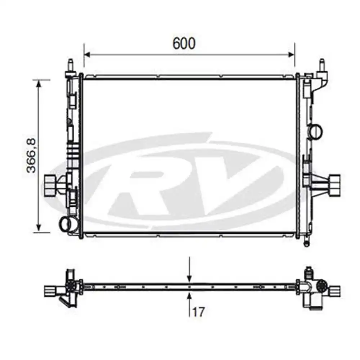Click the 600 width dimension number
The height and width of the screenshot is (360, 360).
tap(184, 43)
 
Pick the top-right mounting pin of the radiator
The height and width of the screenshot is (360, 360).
tap(322, 65)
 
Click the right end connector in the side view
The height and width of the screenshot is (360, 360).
tap(335, 290)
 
